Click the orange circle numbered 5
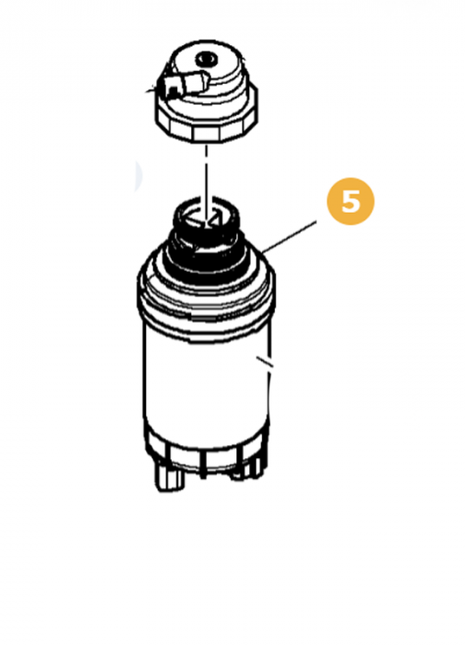(350, 201)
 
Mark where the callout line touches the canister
(267, 250)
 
